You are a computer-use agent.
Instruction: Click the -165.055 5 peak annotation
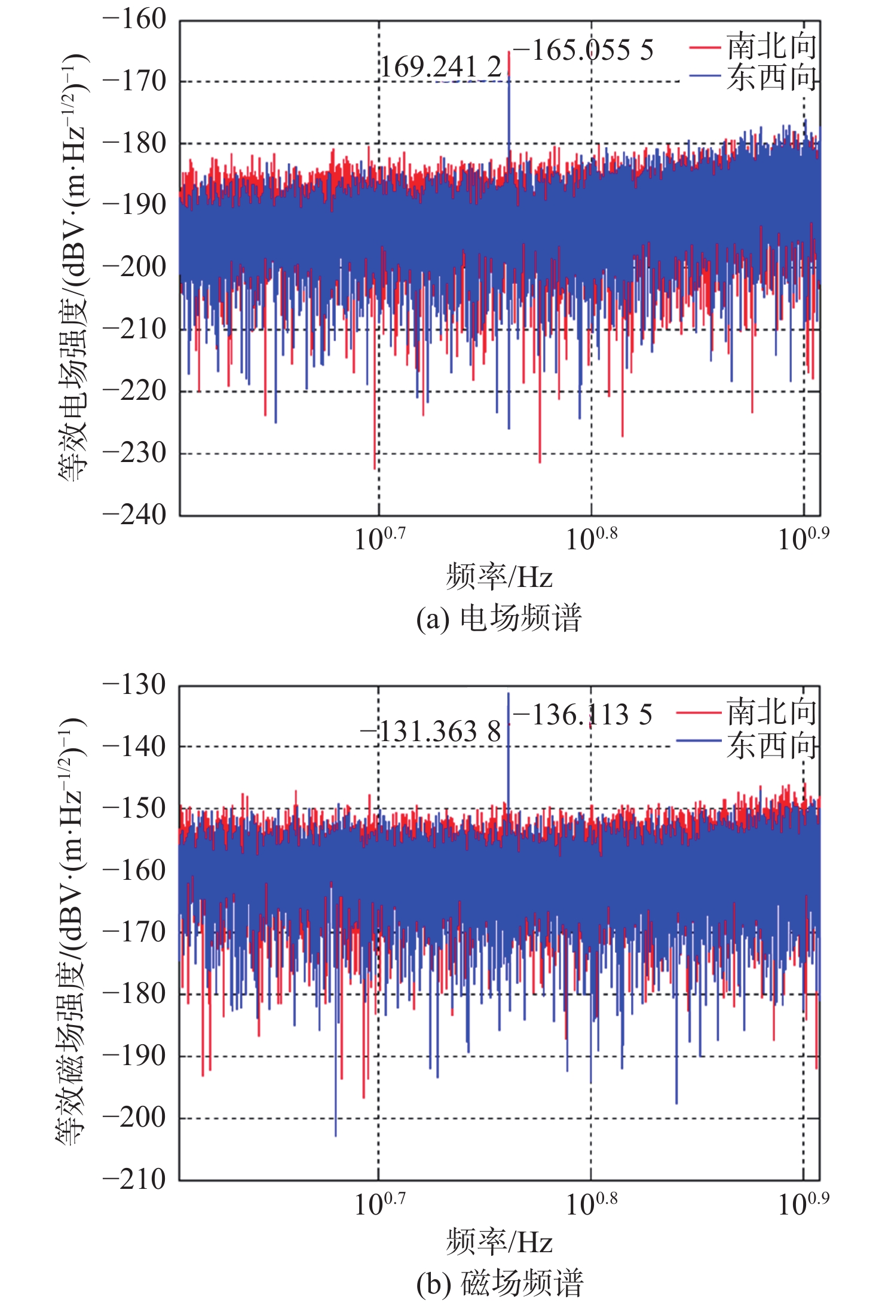(583, 50)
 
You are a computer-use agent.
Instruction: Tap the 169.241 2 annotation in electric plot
(441, 67)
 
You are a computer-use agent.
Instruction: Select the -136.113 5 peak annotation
(583, 715)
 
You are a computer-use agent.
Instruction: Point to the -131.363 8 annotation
(431, 732)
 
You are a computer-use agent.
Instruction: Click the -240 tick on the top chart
(134, 515)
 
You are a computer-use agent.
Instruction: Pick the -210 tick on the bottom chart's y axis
(134, 1179)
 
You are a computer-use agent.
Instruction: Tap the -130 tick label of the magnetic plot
(134, 685)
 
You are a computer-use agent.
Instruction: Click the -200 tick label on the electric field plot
(134, 267)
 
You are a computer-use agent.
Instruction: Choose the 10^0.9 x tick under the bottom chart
(803, 1204)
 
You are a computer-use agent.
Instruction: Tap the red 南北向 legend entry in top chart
(753, 46)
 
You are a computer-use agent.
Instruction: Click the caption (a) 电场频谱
(498, 618)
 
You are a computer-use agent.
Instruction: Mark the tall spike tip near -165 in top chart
(509, 53)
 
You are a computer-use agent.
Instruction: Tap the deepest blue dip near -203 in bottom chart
(336, 1134)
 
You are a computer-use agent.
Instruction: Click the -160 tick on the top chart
(134, 20)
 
